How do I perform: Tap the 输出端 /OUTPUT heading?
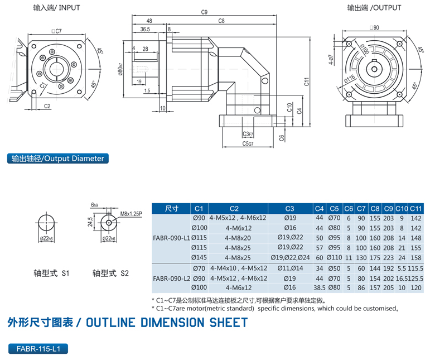point(374,8)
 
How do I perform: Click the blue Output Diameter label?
point(58,159)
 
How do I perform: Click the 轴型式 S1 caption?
point(51,273)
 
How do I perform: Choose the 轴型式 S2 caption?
point(112,273)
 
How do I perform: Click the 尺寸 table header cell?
point(171,209)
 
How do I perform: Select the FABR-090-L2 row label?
point(171,277)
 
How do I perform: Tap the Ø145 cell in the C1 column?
point(199,257)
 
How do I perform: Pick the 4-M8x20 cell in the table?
point(238,237)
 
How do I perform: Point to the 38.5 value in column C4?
point(320,287)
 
